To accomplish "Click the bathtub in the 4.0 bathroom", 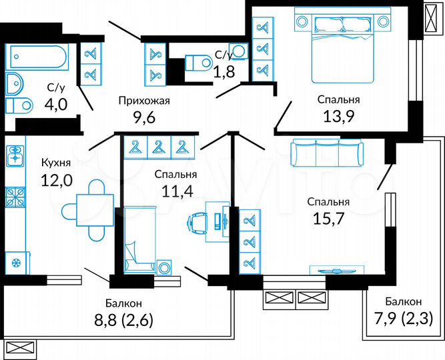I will click(36, 56).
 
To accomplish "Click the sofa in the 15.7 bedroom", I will click(326, 154).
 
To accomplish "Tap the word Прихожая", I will click(144, 101).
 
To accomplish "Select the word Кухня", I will click(57, 163).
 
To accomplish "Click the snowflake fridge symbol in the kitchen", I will click(15, 261).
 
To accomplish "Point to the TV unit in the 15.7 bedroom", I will click(338, 269).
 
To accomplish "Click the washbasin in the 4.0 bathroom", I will click(13, 83).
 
